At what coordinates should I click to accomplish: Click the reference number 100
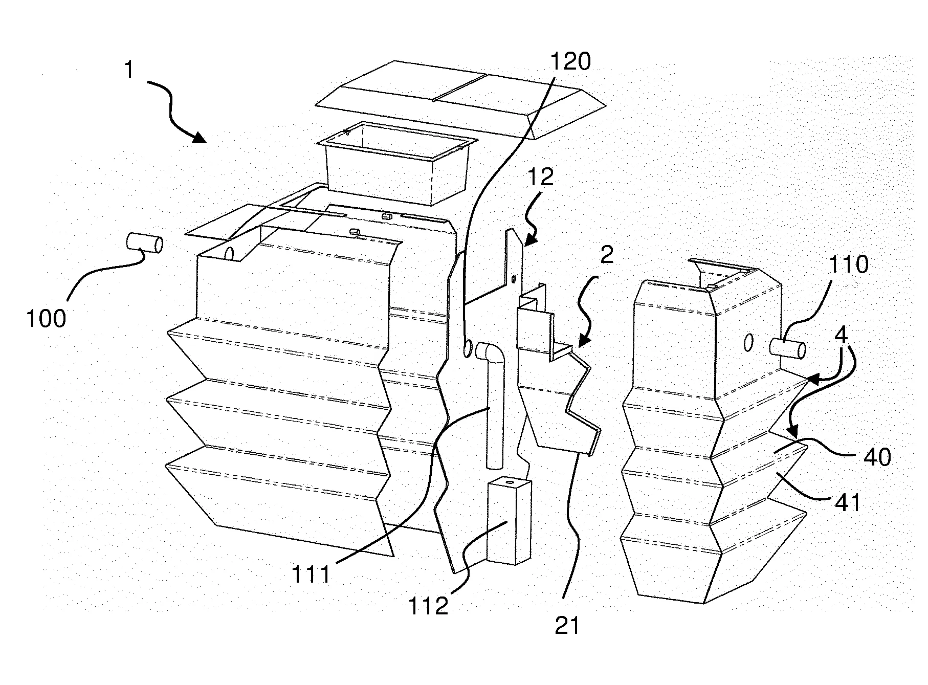[46, 319]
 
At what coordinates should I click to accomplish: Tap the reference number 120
[570, 62]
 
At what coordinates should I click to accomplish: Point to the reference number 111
[311, 575]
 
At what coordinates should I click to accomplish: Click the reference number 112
[428, 607]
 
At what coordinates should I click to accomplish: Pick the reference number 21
[567, 625]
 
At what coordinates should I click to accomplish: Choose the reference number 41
[848, 503]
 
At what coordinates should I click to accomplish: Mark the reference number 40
[876, 457]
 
